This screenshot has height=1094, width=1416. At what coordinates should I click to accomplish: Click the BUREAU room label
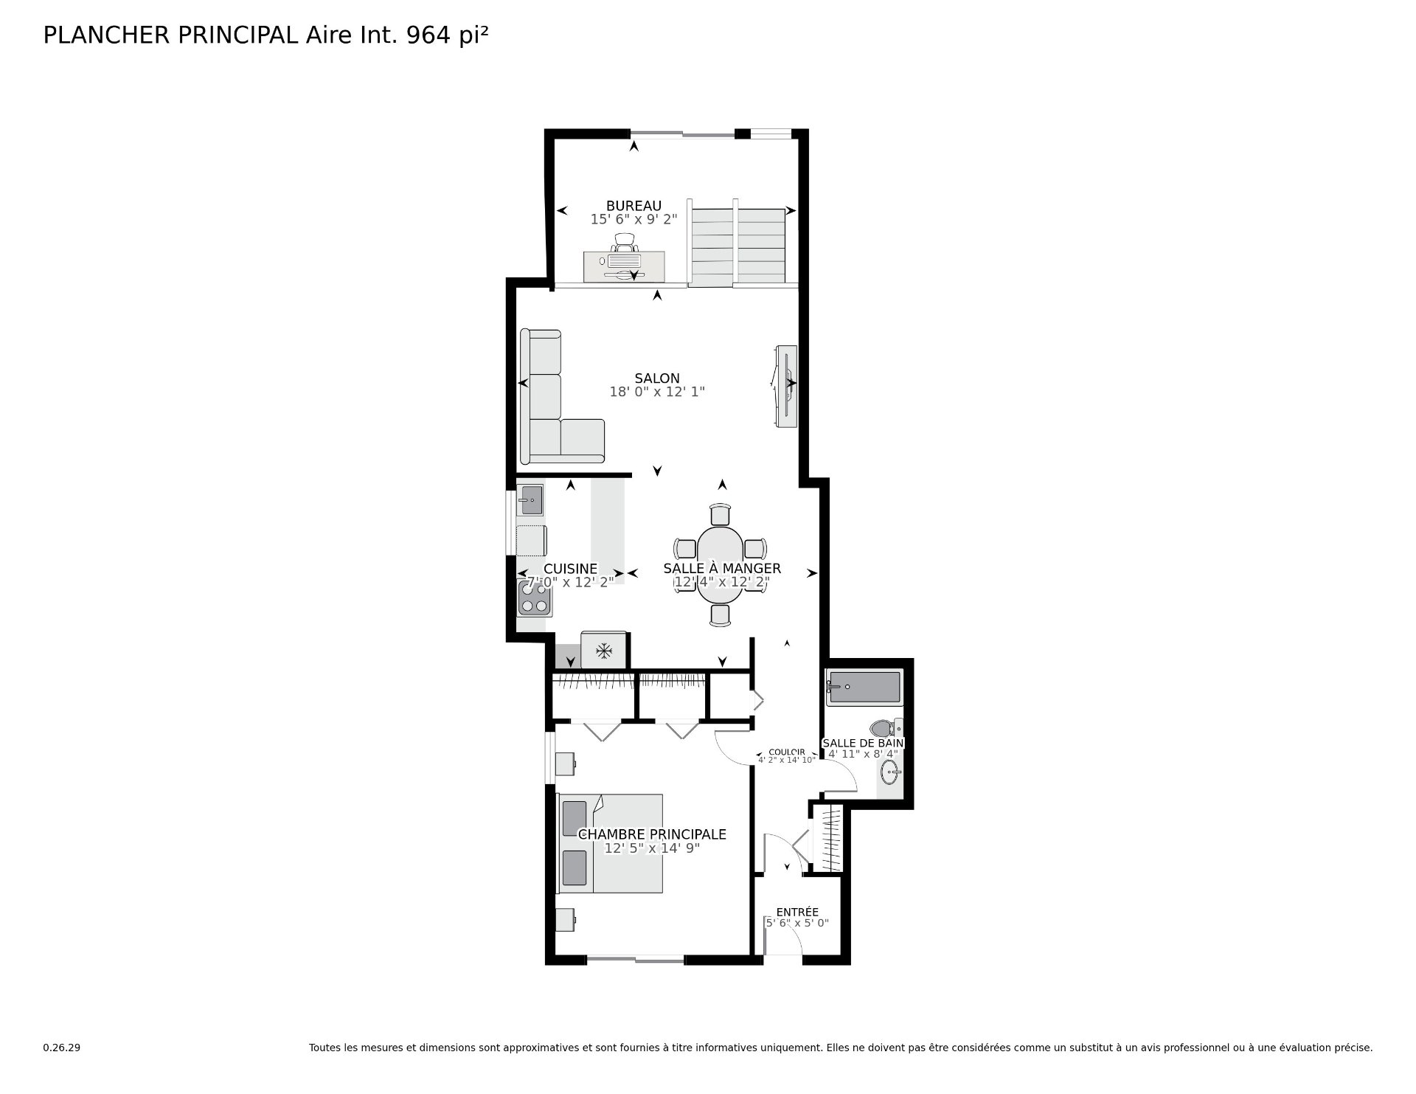click(634, 206)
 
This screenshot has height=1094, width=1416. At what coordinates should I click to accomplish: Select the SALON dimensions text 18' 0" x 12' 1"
click(657, 392)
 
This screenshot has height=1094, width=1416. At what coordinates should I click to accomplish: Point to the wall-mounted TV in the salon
click(785, 385)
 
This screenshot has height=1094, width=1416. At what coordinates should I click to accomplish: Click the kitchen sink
click(531, 499)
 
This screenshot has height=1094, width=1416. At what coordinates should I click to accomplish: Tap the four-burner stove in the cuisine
click(535, 598)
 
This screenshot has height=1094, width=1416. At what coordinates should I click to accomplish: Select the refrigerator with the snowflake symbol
click(604, 650)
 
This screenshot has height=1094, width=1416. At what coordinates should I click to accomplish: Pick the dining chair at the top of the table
click(721, 514)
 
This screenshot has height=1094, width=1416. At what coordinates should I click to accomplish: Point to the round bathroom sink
click(890, 774)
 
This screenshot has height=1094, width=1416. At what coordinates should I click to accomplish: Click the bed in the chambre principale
click(610, 842)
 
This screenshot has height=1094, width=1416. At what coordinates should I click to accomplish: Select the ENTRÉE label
click(797, 912)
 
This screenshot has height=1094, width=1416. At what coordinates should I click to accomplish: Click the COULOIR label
click(787, 752)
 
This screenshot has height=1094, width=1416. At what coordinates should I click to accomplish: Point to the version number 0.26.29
click(62, 1048)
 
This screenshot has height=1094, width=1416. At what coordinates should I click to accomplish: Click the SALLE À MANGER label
click(722, 568)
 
